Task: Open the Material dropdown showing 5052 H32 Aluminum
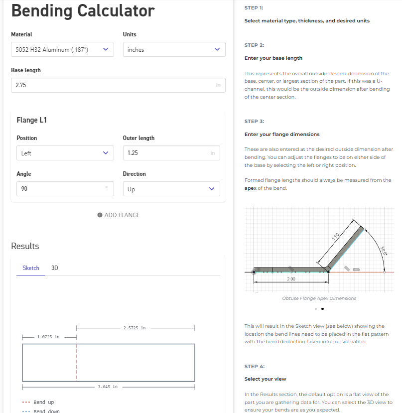tap(62, 49)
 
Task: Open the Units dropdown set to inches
tap(174, 49)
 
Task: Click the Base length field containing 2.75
tap(118, 85)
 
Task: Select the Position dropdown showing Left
tap(62, 153)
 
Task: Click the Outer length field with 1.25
tap(171, 153)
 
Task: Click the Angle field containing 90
tap(62, 189)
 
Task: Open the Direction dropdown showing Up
tap(171, 189)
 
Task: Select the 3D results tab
tap(55, 268)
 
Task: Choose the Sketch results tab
tap(31, 268)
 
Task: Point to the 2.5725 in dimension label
tap(134, 328)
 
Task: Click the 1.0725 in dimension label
tap(48, 337)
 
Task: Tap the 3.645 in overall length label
tap(108, 387)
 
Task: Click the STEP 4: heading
tap(255, 366)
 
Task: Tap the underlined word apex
tap(250, 188)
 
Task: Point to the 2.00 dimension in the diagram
tap(291, 279)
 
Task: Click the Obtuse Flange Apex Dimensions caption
tap(319, 298)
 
